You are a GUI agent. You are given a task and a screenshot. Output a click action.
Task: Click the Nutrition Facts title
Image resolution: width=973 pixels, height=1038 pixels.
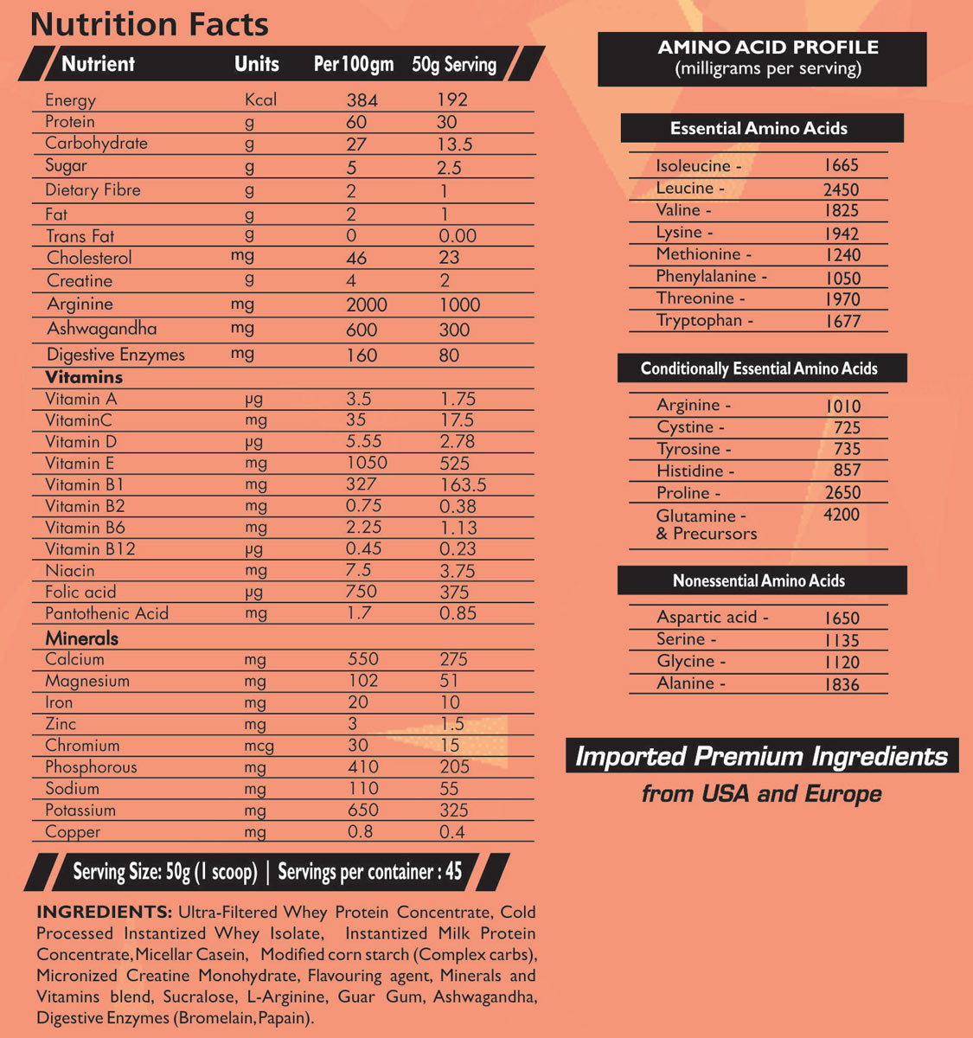pyautogui.click(x=149, y=24)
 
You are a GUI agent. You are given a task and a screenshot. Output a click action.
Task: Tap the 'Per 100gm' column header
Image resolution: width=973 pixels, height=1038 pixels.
pyautogui.click(x=353, y=64)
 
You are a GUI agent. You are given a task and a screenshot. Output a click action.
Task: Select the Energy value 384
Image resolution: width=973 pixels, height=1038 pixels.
pyautogui.click(x=362, y=100)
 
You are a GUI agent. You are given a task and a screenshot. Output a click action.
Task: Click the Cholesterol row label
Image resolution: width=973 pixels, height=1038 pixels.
pyautogui.click(x=89, y=258)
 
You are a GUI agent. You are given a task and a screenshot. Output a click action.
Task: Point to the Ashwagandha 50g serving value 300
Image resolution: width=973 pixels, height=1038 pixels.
pyautogui.click(x=454, y=330)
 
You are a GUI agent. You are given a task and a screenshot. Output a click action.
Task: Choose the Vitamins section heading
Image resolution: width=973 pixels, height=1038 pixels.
pyautogui.click(x=84, y=377)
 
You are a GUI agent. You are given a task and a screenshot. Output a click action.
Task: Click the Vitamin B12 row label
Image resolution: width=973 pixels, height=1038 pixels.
pyautogui.click(x=90, y=549)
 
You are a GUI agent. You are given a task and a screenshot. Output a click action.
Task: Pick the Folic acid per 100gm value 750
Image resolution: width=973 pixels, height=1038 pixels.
pyautogui.click(x=362, y=592)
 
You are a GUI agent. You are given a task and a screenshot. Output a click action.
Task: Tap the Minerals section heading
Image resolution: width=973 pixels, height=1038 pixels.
pyautogui.click(x=81, y=638)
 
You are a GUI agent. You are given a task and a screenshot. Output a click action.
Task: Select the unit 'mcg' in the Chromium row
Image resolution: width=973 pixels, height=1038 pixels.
pyautogui.click(x=259, y=746)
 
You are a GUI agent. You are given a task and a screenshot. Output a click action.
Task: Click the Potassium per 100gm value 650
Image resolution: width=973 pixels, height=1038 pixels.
pyautogui.click(x=362, y=811)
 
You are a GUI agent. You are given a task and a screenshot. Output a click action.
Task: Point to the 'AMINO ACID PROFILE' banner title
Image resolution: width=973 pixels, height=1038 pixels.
pyautogui.click(x=768, y=48)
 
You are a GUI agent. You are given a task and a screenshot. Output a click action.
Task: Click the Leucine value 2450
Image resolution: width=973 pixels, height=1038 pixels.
pyautogui.click(x=841, y=189)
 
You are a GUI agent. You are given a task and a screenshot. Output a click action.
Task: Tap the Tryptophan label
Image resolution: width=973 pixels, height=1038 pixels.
pyautogui.click(x=704, y=321)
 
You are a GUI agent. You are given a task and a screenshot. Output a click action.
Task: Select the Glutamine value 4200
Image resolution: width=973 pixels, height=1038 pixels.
pyautogui.click(x=842, y=516)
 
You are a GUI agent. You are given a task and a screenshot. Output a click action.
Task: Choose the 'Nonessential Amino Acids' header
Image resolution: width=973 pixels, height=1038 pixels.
pyautogui.click(x=759, y=580)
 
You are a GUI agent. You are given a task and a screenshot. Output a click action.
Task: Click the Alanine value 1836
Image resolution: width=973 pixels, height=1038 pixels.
pyautogui.click(x=842, y=684)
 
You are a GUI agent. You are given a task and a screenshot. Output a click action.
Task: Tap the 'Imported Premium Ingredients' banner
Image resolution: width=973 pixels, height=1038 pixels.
pyautogui.click(x=761, y=757)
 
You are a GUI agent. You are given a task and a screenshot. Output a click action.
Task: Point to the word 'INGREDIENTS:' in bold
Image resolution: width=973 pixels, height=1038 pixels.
pyautogui.click(x=104, y=912)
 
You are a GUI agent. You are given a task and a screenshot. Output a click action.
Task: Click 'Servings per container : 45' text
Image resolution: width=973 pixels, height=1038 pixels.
pyautogui.click(x=370, y=872)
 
